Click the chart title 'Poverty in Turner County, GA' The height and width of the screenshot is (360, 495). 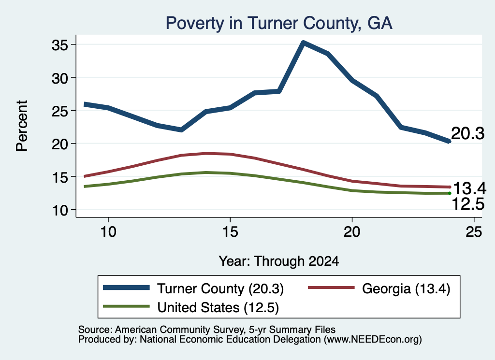(279, 23)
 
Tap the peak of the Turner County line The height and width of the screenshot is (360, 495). (303, 43)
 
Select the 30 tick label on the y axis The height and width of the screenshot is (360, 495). (60, 78)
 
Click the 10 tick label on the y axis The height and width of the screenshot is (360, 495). (60, 211)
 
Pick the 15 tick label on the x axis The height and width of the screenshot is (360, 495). (230, 232)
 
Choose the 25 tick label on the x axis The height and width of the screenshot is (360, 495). (474, 232)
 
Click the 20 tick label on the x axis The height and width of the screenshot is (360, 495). (352, 232)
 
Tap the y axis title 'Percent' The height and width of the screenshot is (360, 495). (22, 126)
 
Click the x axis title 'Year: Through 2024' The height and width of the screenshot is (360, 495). (279, 261)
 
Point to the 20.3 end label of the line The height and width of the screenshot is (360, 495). (467, 133)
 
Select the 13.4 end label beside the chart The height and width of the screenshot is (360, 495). (469, 188)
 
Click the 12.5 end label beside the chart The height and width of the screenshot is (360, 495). (468, 204)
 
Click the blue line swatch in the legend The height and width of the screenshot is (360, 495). (126, 288)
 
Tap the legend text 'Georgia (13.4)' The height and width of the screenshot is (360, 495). (406, 288)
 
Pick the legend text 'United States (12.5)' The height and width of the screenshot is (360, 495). (218, 308)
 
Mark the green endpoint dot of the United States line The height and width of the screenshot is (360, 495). (450, 193)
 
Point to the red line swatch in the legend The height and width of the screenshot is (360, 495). (331, 288)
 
